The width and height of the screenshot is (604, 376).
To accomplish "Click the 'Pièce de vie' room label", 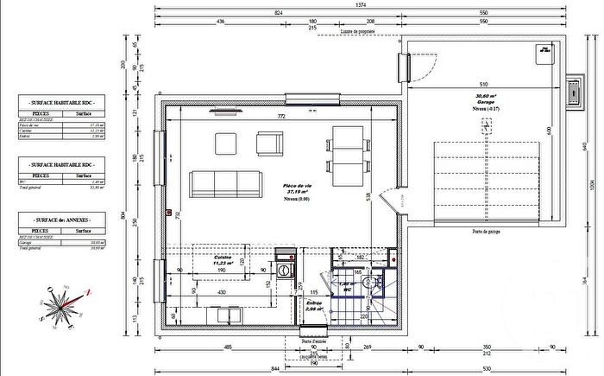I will coord(299,187).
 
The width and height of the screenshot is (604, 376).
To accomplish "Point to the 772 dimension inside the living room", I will coord(280,115).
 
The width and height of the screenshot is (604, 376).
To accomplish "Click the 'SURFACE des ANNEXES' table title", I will coord(57,222).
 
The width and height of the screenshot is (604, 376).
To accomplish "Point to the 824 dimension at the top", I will coord(278,14).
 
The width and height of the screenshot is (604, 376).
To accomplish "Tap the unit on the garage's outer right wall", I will coord(573,91).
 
